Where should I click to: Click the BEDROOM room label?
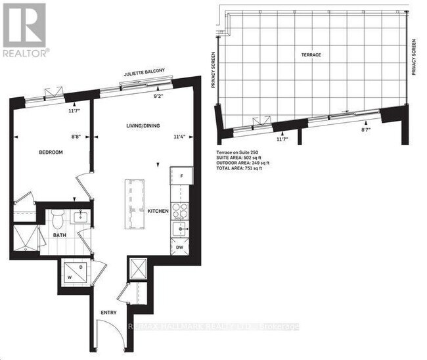pyautogui.click(x=50, y=152)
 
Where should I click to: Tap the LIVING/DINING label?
pyautogui.click(x=145, y=125)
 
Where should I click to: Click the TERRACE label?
pyautogui.click(x=312, y=55)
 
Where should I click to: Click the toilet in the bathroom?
pyautogui.click(x=56, y=217)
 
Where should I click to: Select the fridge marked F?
pyautogui.click(x=181, y=177)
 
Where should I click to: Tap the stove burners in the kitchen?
pyautogui.click(x=181, y=211)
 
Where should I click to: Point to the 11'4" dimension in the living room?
pyautogui.click(x=177, y=137)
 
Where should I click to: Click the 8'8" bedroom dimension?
pyautogui.click(x=77, y=137)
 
